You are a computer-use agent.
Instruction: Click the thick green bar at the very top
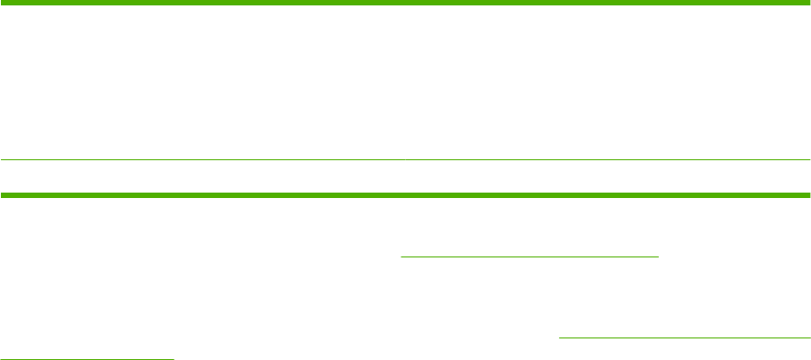click(x=405, y=3)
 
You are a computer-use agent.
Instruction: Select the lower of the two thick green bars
click(x=405, y=194)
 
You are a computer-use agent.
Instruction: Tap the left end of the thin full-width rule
click(x=2, y=160)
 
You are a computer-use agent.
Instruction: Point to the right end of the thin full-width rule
click(x=808, y=160)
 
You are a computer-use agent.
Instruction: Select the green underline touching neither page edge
click(x=530, y=256)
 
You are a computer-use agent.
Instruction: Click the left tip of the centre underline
click(x=401, y=256)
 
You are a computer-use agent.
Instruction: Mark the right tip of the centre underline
click(x=659, y=256)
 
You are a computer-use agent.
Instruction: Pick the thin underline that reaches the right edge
click(x=685, y=338)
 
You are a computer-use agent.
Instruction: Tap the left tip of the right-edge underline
click(x=560, y=338)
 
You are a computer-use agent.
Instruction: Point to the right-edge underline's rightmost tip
click(x=809, y=338)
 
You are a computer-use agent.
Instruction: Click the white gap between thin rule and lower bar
click(x=405, y=176)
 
